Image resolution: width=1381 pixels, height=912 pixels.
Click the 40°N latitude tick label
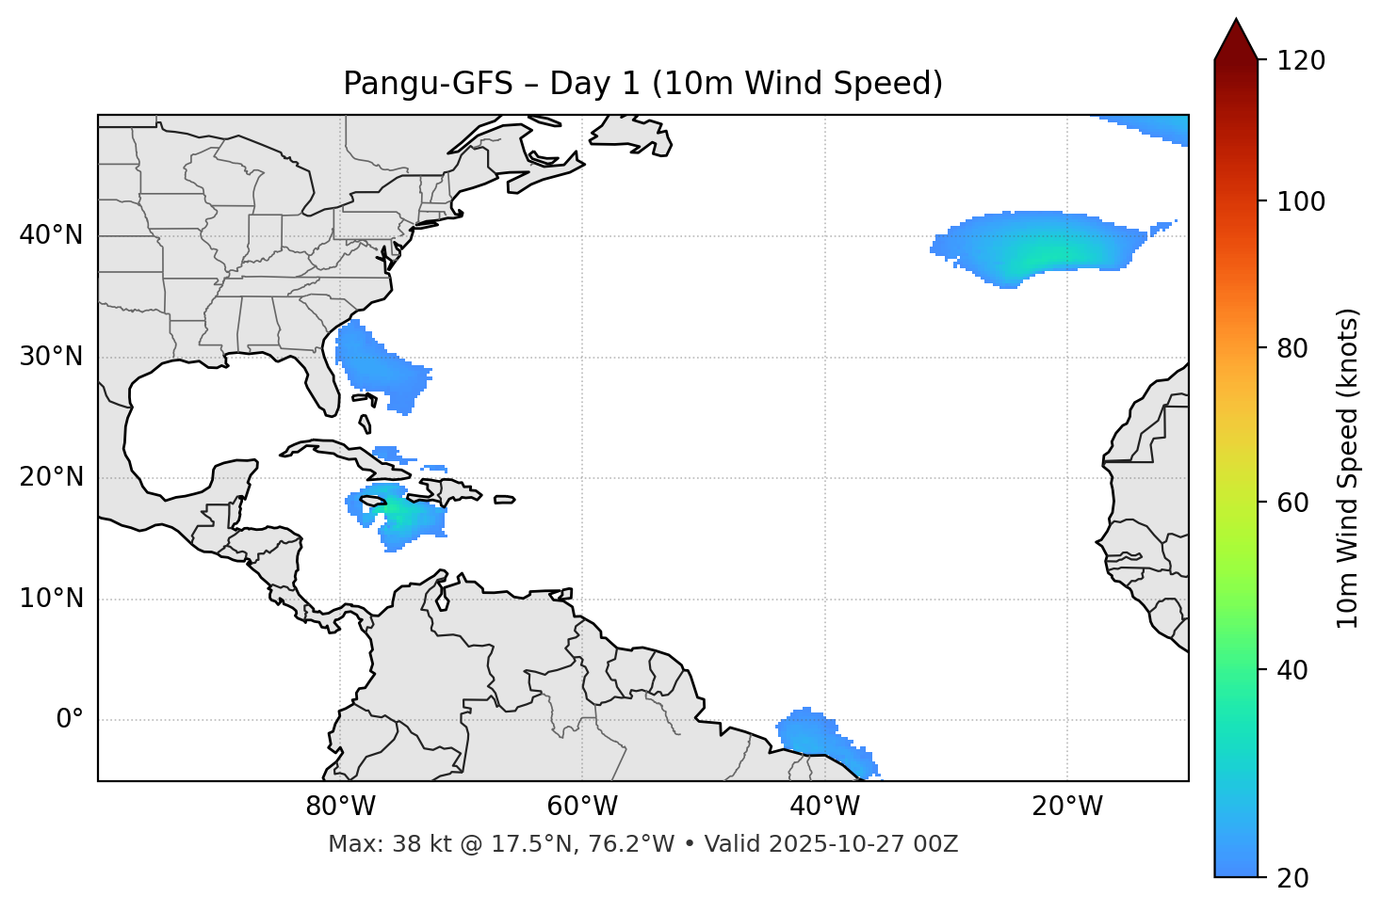51,235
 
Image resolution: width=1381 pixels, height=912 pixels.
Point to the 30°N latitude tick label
51,357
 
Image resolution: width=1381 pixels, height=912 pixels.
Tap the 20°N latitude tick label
51,477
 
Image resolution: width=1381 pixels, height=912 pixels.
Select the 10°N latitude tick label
51,599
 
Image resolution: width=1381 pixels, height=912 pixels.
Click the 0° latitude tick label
70,720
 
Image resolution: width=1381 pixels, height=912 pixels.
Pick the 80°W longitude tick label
340,807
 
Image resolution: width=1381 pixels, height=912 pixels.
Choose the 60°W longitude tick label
582,807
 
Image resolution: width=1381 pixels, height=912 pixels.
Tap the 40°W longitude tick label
824,807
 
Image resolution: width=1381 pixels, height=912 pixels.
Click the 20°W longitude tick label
1066,807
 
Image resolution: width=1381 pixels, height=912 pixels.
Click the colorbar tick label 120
1300,61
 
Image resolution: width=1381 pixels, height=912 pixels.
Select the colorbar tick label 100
1300,201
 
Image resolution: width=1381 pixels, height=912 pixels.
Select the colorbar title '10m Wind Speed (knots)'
1348,468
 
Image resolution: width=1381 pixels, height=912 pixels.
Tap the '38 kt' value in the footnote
411,844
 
